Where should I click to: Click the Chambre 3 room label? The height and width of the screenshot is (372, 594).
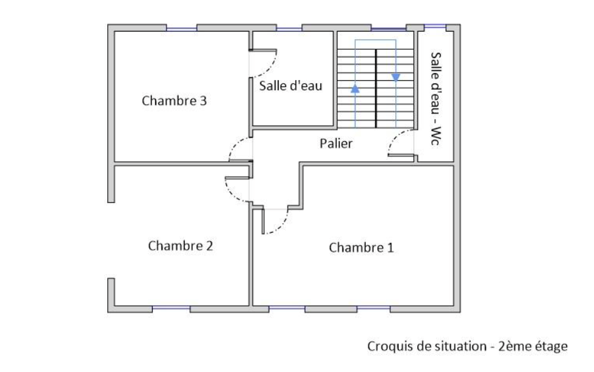point(174,101)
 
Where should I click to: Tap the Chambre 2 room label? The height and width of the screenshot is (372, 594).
point(180,246)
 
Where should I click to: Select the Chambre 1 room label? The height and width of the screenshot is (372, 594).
point(361,248)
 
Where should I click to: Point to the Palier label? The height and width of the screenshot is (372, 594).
point(335,144)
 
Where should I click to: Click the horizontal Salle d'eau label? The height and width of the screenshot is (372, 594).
point(291,86)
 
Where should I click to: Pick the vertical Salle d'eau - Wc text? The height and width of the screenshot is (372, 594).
point(436,98)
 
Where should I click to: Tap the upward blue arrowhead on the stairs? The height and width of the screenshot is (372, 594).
point(355,89)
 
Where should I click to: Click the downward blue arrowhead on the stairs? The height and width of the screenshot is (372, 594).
point(396,78)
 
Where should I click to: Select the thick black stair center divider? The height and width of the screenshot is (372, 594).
point(376,88)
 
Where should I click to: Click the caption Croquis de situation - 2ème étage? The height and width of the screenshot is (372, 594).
point(467,346)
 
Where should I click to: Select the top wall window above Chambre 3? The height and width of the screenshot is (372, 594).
point(182,28)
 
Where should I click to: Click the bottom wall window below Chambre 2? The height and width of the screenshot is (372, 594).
point(171,309)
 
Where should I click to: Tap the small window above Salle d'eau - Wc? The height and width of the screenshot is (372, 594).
point(435,26)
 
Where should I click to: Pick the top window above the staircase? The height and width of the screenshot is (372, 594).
point(388,28)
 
